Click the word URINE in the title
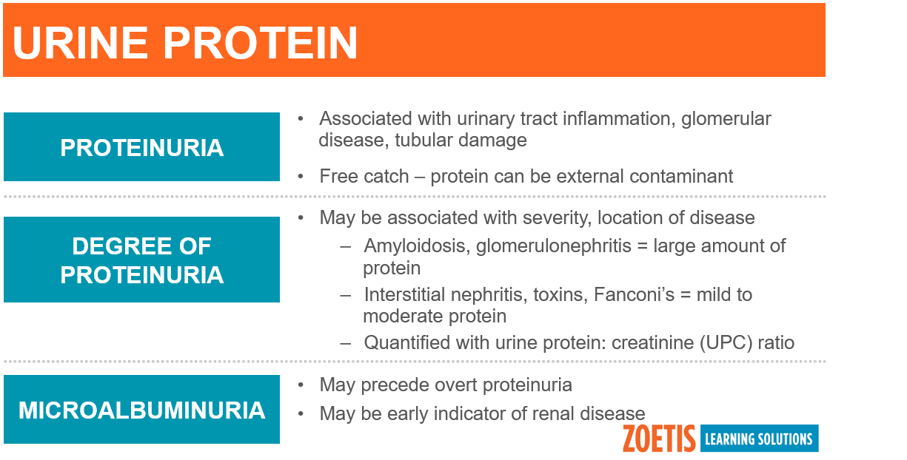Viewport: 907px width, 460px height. (x=80, y=43)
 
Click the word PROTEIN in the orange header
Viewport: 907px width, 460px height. (x=261, y=43)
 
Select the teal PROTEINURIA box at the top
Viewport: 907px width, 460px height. (x=141, y=147)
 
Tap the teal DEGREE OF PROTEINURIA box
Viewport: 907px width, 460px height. (x=141, y=260)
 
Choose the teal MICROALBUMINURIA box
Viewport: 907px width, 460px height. (x=141, y=409)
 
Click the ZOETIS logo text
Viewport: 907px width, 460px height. (x=659, y=439)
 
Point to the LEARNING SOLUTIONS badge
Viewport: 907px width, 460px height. (x=759, y=438)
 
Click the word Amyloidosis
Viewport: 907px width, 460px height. (x=417, y=246)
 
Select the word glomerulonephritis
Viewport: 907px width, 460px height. (x=554, y=246)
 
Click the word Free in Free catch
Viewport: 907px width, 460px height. (x=339, y=177)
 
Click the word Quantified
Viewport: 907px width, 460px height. (x=407, y=342)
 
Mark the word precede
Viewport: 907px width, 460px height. (x=395, y=385)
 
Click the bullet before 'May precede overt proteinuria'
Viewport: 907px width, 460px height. (x=301, y=385)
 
